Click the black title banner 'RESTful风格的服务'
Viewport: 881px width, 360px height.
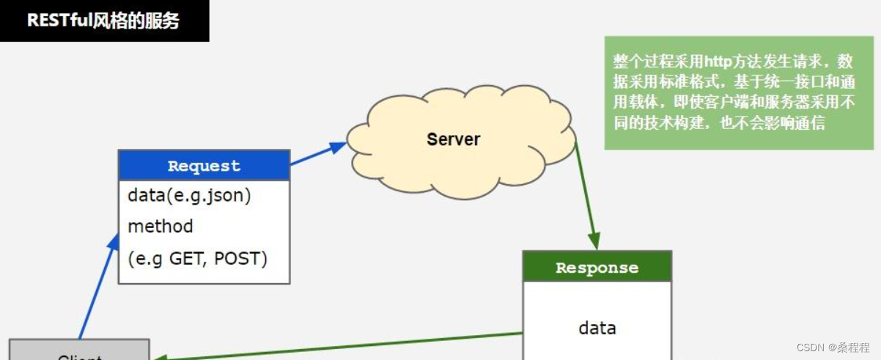tap(103, 21)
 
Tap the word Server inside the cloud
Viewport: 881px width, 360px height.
tap(453, 139)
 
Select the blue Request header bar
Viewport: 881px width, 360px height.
tap(204, 166)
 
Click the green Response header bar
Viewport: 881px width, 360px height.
tap(597, 268)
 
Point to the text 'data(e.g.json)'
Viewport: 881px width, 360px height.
tap(189, 196)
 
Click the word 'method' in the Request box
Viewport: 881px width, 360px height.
tap(161, 227)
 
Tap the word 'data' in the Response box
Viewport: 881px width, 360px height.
tap(597, 328)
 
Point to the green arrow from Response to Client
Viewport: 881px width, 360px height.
tap(337, 346)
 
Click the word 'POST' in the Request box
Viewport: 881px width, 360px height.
tap(238, 258)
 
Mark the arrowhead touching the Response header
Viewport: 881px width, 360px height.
tap(594, 242)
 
